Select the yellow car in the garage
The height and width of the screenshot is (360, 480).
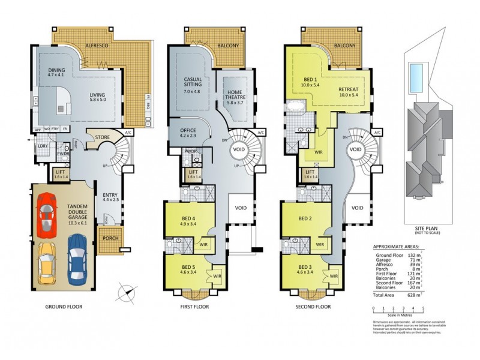47,263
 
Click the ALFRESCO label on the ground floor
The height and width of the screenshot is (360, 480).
96,45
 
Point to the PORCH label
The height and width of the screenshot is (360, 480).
110,238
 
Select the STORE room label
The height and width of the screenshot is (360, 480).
103,137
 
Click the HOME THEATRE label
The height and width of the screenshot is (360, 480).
235,95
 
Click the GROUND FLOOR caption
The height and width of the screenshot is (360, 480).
64,307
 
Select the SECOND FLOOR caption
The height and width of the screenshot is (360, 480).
313,307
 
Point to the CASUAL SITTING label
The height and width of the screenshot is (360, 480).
192,82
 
